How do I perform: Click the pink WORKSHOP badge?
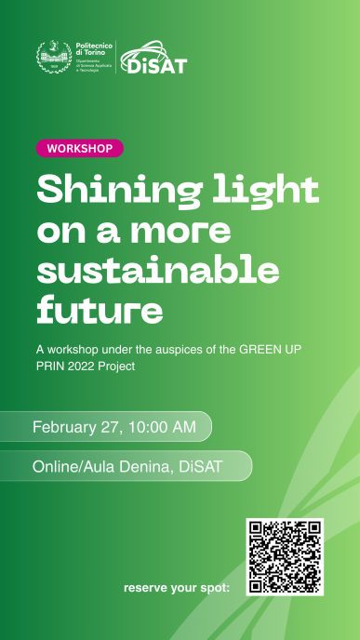(79, 148)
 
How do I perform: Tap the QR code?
(285, 556)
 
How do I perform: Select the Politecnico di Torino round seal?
(51, 58)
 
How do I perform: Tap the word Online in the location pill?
(55, 466)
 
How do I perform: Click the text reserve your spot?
(176, 588)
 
